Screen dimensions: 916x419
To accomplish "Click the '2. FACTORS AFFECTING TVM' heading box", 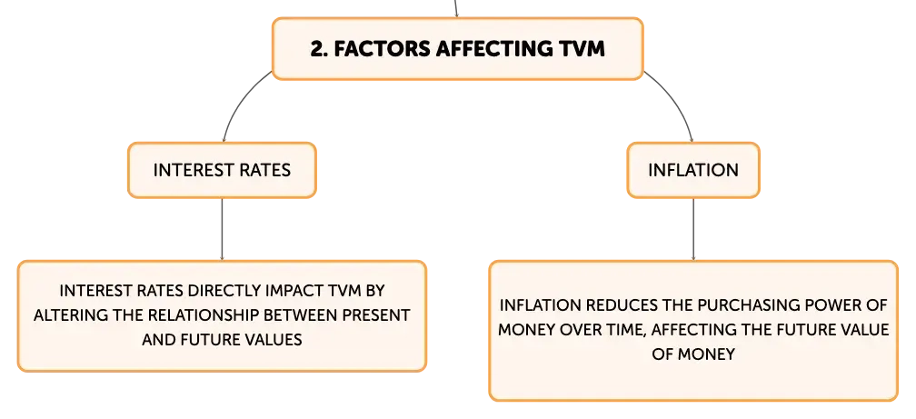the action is [457, 48].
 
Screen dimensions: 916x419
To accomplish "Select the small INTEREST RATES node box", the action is [222, 170].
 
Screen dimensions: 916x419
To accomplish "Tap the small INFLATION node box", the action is [693, 170].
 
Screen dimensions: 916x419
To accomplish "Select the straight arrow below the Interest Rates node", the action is [222, 229].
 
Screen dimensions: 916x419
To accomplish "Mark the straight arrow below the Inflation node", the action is [693, 229].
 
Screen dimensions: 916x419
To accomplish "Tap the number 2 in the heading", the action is [316, 49].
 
